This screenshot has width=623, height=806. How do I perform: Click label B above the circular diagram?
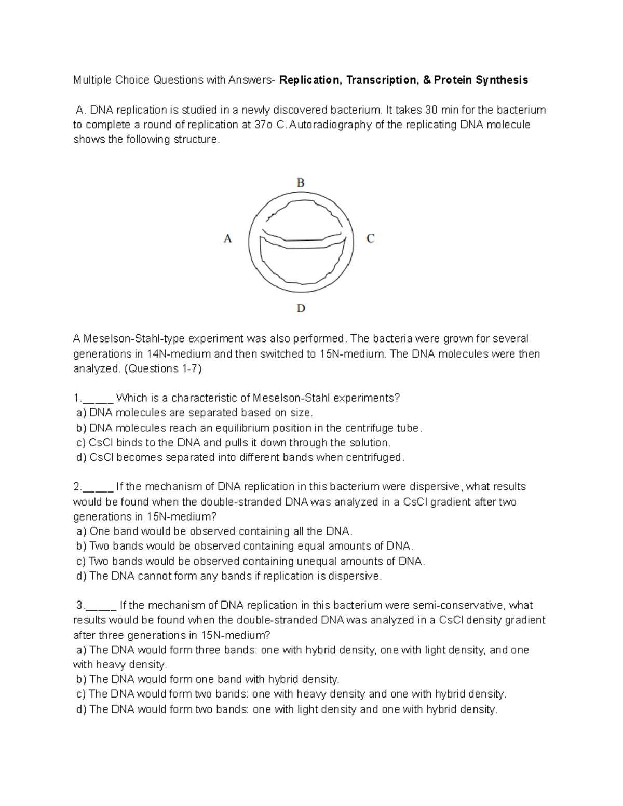pos(300,183)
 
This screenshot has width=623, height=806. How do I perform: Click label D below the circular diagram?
pos(301,309)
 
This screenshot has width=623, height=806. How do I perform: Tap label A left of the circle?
pos(227,239)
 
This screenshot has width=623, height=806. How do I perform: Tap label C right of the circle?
pos(370,239)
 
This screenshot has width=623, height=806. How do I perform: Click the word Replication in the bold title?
pos(310,80)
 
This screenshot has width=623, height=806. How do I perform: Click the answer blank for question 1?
pos(98,399)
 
